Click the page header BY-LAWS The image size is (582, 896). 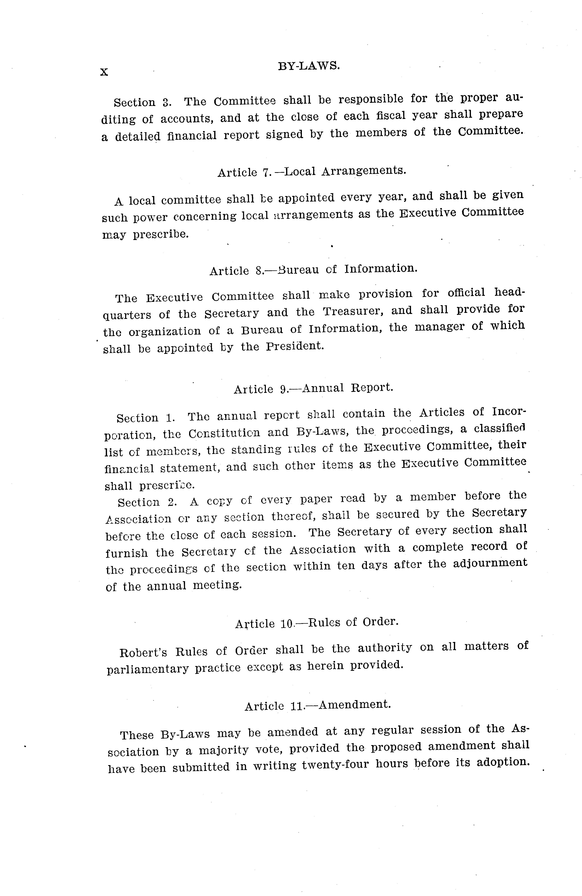[309, 66]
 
